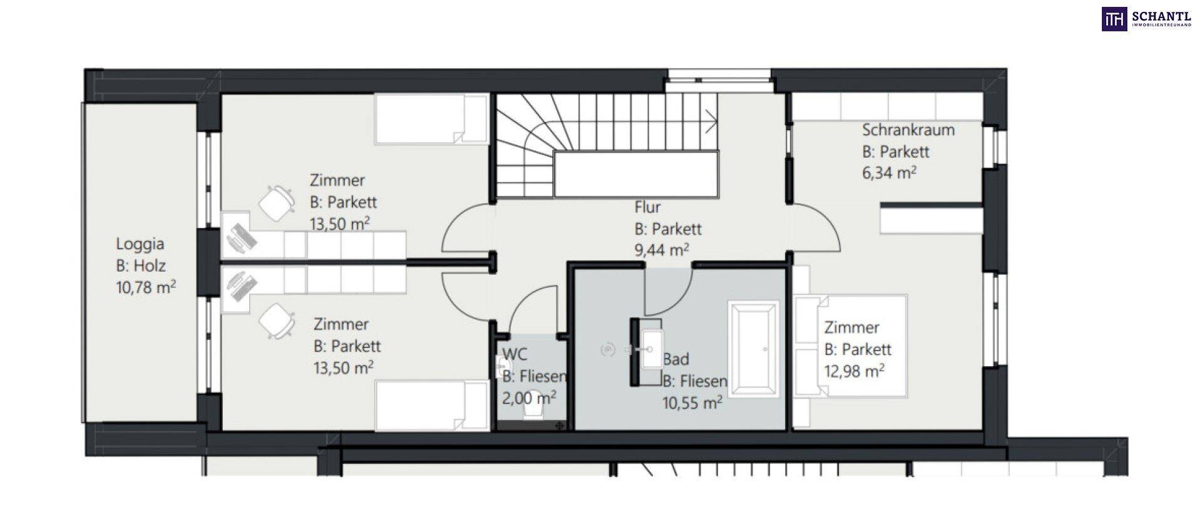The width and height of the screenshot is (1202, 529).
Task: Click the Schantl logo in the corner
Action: (1146, 19)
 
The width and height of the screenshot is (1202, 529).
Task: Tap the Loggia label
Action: (140, 244)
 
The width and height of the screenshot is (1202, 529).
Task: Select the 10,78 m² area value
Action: (146, 287)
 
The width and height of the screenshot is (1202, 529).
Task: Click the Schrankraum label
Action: (908, 130)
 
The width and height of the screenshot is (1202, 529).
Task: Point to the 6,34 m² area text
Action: (890, 172)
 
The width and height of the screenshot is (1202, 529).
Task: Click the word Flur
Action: (647, 207)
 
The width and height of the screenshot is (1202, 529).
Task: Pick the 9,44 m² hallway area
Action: (662, 250)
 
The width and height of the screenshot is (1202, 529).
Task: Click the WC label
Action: (515, 354)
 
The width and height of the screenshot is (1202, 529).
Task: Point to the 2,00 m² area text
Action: (529, 398)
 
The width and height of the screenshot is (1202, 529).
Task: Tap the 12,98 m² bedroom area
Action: (855, 371)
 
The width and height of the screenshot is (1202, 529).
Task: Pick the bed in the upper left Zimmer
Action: (431, 119)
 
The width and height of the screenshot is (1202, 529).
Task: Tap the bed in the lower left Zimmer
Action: (431, 405)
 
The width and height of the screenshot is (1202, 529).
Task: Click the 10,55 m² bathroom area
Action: (692, 402)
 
